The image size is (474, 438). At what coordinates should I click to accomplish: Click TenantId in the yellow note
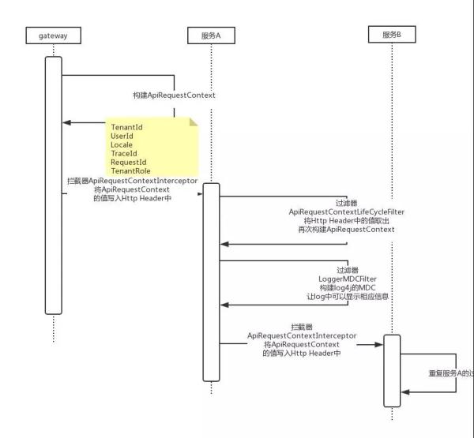[127, 126]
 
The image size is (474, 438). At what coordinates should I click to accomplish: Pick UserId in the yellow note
[122, 137]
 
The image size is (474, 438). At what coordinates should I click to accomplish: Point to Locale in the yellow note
[121, 146]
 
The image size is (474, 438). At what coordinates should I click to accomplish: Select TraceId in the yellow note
[123, 155]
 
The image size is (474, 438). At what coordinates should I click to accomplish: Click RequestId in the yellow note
[128, 163]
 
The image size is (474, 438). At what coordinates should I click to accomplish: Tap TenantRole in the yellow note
[130, 171]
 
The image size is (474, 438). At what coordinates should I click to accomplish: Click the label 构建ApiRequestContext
[174, 95]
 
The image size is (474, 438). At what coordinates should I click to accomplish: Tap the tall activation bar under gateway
[53, 185]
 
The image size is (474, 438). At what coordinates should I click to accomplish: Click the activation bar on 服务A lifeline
[211, 280]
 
